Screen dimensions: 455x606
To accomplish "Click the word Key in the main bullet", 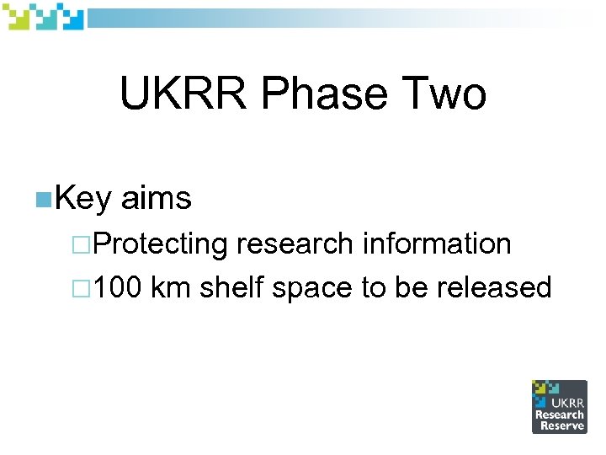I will [83, 199].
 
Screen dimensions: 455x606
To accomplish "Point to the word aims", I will [157, 199].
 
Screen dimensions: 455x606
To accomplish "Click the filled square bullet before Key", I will [43, 200].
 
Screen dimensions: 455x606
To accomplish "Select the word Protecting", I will [161, 244].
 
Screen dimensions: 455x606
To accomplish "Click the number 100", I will [118, 288].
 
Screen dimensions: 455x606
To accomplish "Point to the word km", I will [171, 288].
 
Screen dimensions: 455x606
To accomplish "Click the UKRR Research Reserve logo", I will [559, 406].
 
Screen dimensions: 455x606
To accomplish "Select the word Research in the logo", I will [560, 415].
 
